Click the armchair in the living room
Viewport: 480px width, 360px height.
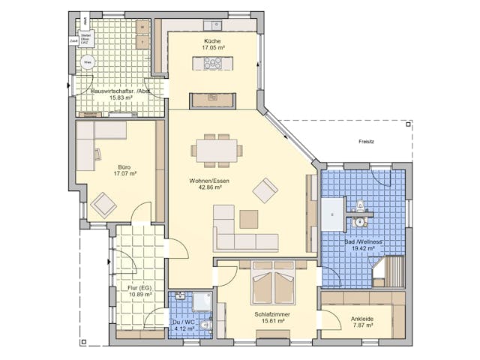pos(265,190)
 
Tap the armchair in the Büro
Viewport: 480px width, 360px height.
pos(103,203)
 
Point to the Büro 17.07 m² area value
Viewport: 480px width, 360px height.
pos(124,174)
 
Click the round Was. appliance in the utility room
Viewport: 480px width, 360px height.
pos(88,62)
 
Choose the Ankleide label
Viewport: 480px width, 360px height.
pos(362,318)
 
